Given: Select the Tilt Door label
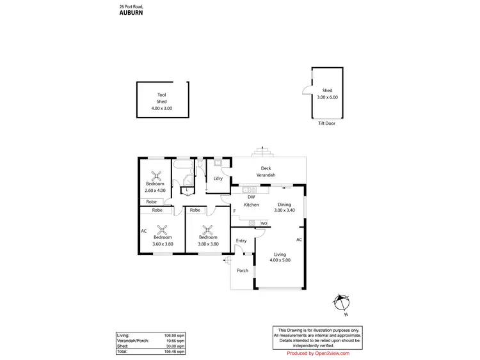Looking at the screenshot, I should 326,123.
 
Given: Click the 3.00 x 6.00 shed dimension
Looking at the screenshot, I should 327,97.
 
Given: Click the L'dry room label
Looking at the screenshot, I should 218,178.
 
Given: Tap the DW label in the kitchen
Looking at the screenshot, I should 251,197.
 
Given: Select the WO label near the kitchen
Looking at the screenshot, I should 264,223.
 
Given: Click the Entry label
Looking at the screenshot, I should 241,240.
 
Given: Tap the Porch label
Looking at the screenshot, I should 243,270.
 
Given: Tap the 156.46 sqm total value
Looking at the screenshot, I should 176,352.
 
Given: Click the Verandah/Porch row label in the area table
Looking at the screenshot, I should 132,341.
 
